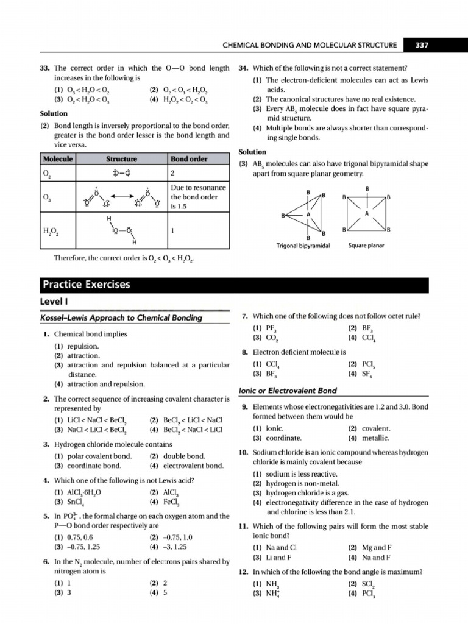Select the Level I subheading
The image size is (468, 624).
click(52, 303)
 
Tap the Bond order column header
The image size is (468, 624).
click(189, 159)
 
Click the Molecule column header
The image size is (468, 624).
click(58, 159)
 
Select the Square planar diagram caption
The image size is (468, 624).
click(366, 246)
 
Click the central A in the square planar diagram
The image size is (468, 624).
click(367, 214)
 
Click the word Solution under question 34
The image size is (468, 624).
click(252, 151)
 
